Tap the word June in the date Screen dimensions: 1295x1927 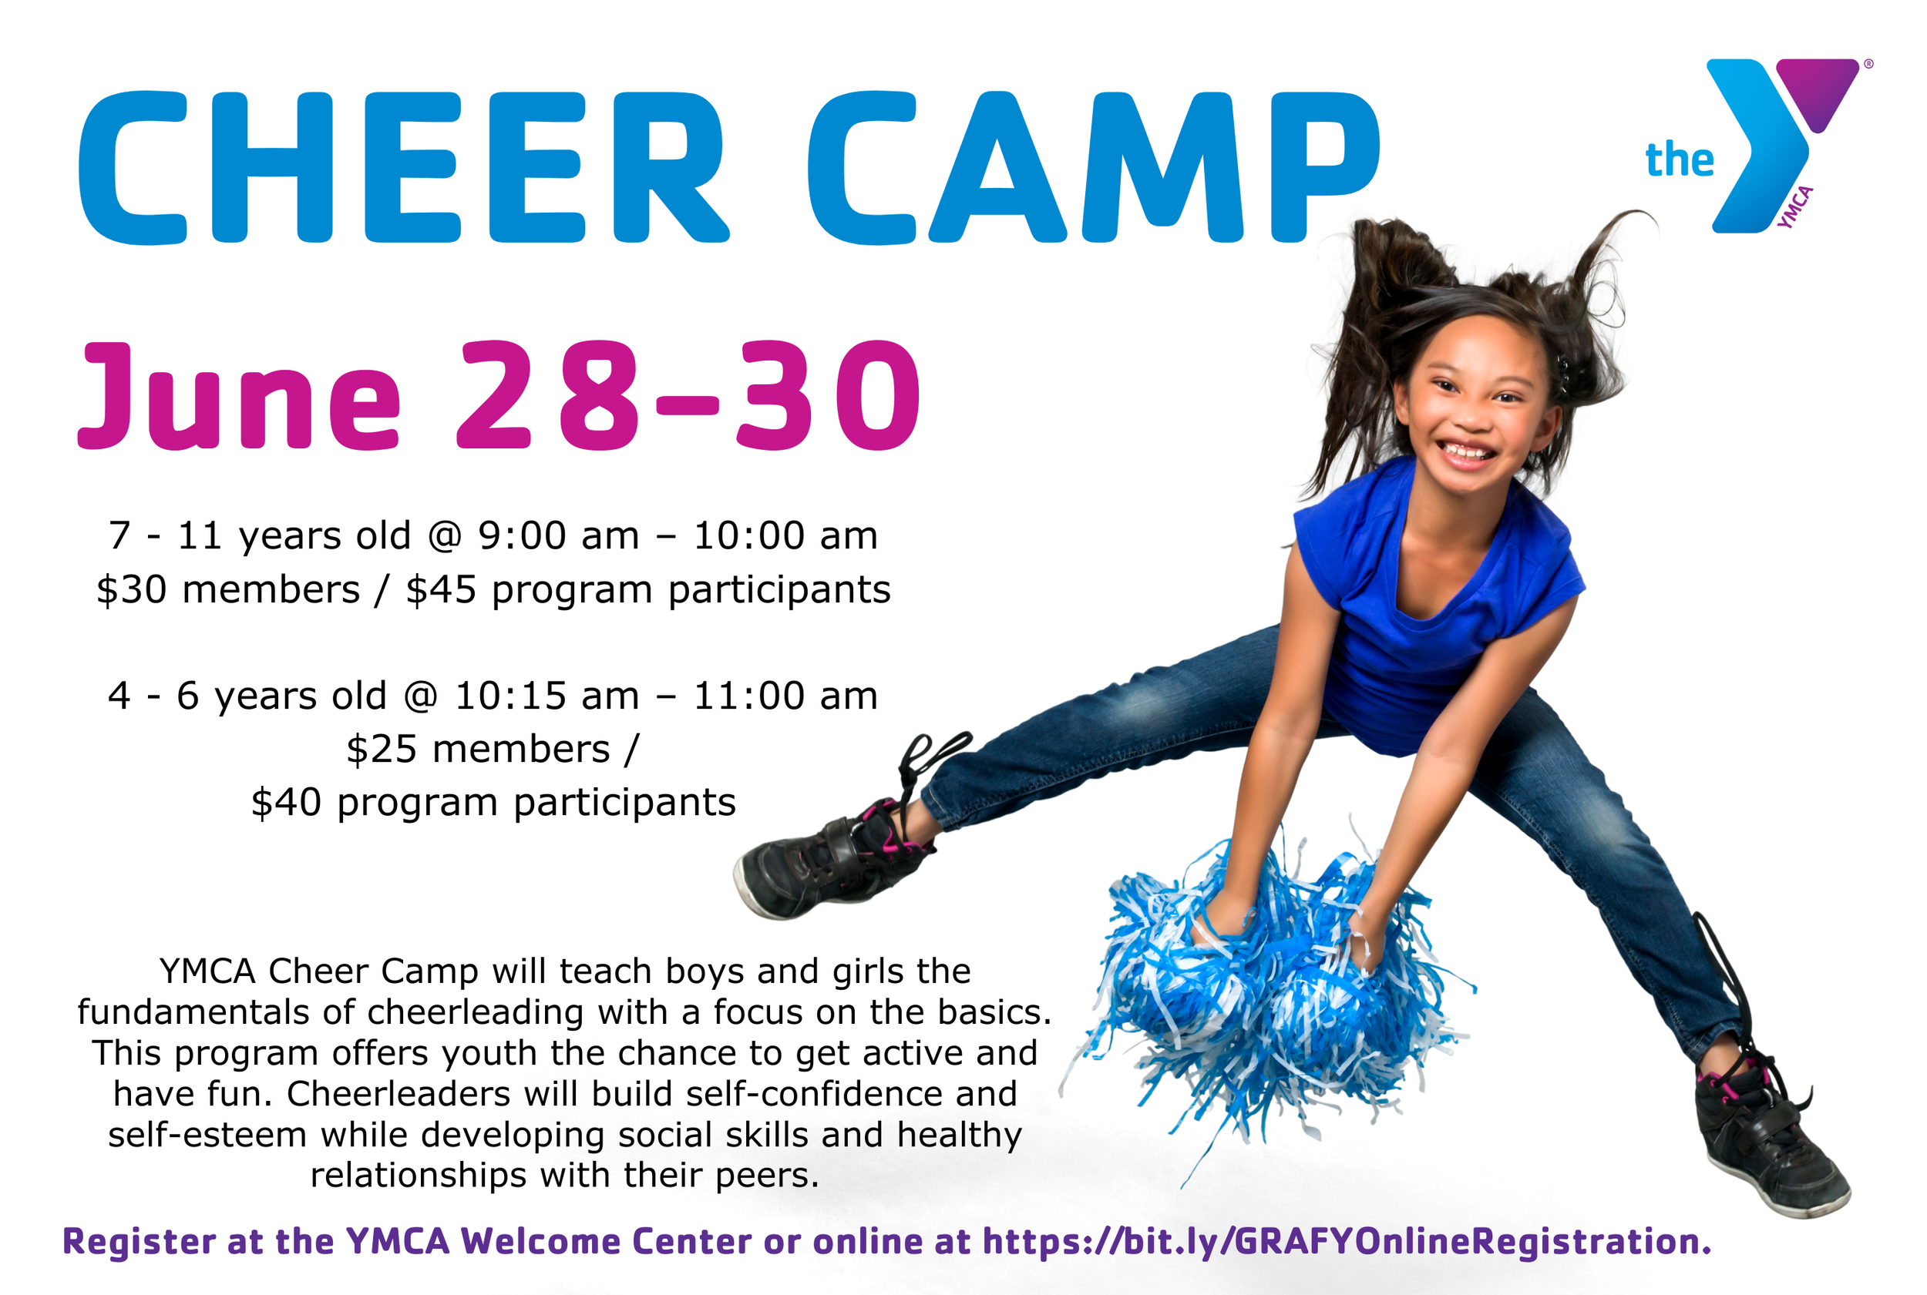click(x=240, y=397)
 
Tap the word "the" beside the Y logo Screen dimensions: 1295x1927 click(x=1678, y=159)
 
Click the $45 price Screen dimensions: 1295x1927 click(x=440, y=589)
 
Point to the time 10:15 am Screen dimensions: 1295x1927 click(x=546, y=696)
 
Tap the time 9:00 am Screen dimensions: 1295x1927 click(x=559, y=536)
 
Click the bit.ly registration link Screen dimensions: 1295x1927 click(x=1343, y=1241)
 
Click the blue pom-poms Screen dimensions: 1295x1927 click(x=1273, y=991)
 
